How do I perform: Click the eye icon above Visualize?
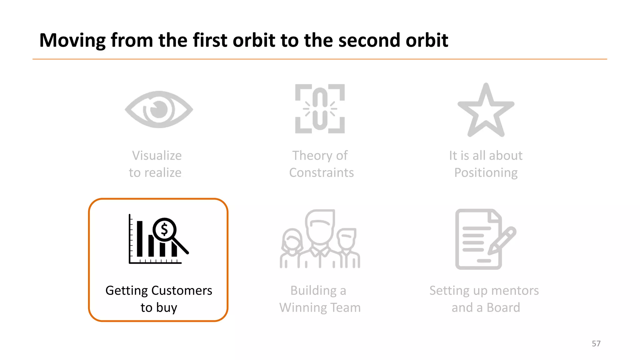[159, 109]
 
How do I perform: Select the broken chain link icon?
[320, 109]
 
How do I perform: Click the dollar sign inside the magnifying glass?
[164, 230]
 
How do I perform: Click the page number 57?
[596, 343]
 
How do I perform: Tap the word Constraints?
[321, 172]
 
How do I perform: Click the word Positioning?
[486, 172]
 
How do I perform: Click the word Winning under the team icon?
[303, 307]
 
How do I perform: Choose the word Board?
[503, 307]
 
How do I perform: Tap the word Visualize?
[157, 156]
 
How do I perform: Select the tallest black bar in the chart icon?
[140, 239]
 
